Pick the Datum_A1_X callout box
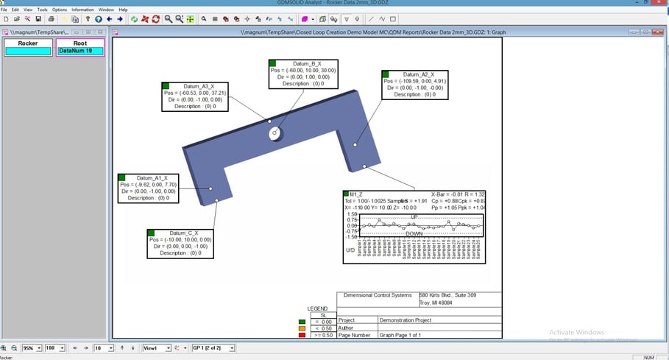(147, 188)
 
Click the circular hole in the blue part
(275, 133)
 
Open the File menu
(4, 10)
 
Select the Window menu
(106, 10)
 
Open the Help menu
(123, 10)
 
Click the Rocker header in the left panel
(28, 43)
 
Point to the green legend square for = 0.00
(302, 322)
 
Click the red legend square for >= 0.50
(302, 335)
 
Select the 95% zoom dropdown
(32, 347)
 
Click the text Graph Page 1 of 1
(405, 335)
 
